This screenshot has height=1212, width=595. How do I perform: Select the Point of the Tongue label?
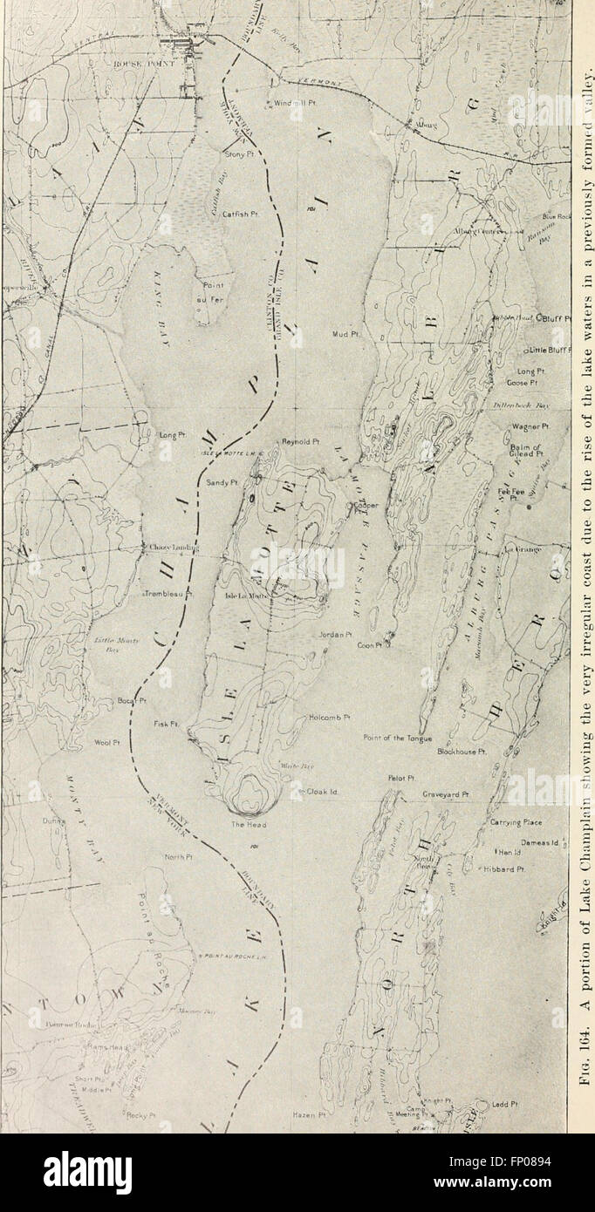click(397, 738)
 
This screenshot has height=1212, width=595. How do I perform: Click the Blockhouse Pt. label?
click(462, 751)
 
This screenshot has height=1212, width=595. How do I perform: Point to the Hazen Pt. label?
click(309, 1114)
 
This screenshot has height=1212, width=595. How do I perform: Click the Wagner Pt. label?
click(530, 426)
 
